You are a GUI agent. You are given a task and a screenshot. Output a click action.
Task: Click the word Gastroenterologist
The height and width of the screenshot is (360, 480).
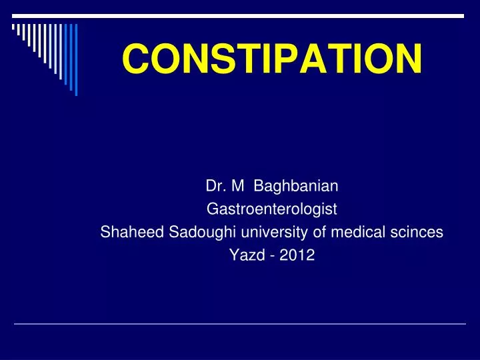tap(272, 210)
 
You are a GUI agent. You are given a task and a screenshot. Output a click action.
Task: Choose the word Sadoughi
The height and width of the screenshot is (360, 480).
tap(188, 232)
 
